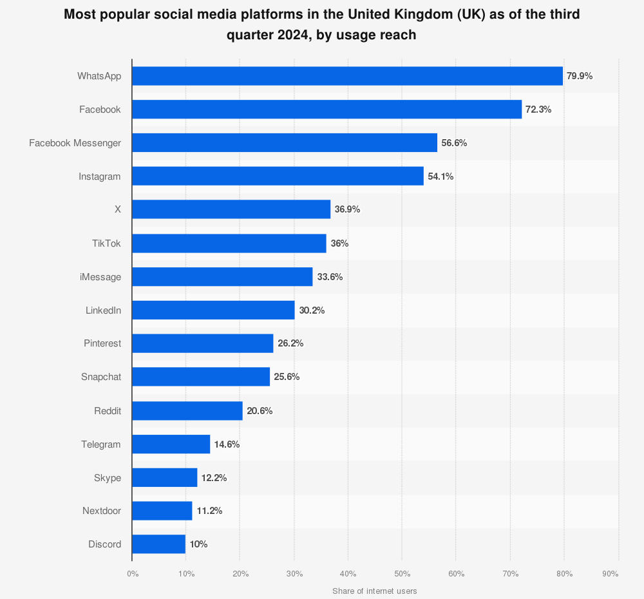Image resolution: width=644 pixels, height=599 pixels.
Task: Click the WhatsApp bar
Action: pyautogui.click(x=347, y=76)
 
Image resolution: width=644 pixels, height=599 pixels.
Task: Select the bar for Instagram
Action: pyautogui.click(x=278, y=176)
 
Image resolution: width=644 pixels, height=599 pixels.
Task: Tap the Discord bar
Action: pyautogui.click(x=158, y=544)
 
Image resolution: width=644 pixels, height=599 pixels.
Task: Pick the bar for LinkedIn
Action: pyautogui.click(x=213, y=310)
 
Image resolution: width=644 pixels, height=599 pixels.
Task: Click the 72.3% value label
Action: pyautogui.click(x=538, y=109)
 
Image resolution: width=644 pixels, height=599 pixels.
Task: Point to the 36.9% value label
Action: pyautogui.click(x=347, y=209)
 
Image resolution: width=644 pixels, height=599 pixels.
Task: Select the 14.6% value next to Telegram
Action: pyautogui.click(x=227, y=444)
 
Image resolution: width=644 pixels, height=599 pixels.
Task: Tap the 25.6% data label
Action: pyautogui.click(x=287, y=377)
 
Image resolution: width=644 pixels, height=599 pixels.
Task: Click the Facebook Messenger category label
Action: pyautogui.click(x=75, y=143)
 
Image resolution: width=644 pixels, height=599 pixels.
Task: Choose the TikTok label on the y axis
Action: pyautogui.click(x=106, y=243)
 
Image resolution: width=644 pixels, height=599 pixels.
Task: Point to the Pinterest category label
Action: pyautogui.click(x=102, y=343)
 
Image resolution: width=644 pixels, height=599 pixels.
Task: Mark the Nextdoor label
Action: pyautogui.click(x=102, y=511)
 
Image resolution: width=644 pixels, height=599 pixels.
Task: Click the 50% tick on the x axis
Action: pyautogui.click(x=402, y=573)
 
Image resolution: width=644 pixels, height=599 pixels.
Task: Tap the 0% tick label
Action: pyautogui.click(x=132, y=573)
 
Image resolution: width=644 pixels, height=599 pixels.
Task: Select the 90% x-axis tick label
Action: pyautogui.click(x=611, y=573)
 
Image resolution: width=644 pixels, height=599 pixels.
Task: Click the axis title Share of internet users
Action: pyautogui.click(x=375, y=591)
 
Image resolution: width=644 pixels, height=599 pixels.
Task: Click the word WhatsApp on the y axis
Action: pyautogui.click(x=99, y=76)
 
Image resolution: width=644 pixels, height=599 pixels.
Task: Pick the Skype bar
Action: pyautogui.click(x=164, y=477)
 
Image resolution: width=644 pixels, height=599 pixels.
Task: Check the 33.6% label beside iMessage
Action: pyautogui.click(x=330, y=277)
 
